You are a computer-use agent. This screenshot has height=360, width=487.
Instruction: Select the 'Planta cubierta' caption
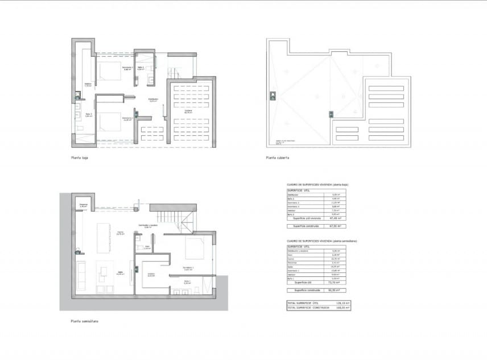[278, 159]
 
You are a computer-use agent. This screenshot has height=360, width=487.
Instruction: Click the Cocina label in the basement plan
[120, 233]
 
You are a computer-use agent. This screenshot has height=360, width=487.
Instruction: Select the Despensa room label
[83, 205]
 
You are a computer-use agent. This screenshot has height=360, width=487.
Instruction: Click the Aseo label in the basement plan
[146, 248]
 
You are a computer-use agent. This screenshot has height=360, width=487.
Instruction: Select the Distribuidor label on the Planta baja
[152, 100]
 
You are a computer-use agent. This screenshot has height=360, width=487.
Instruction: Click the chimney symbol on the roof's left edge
[274, 95]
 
